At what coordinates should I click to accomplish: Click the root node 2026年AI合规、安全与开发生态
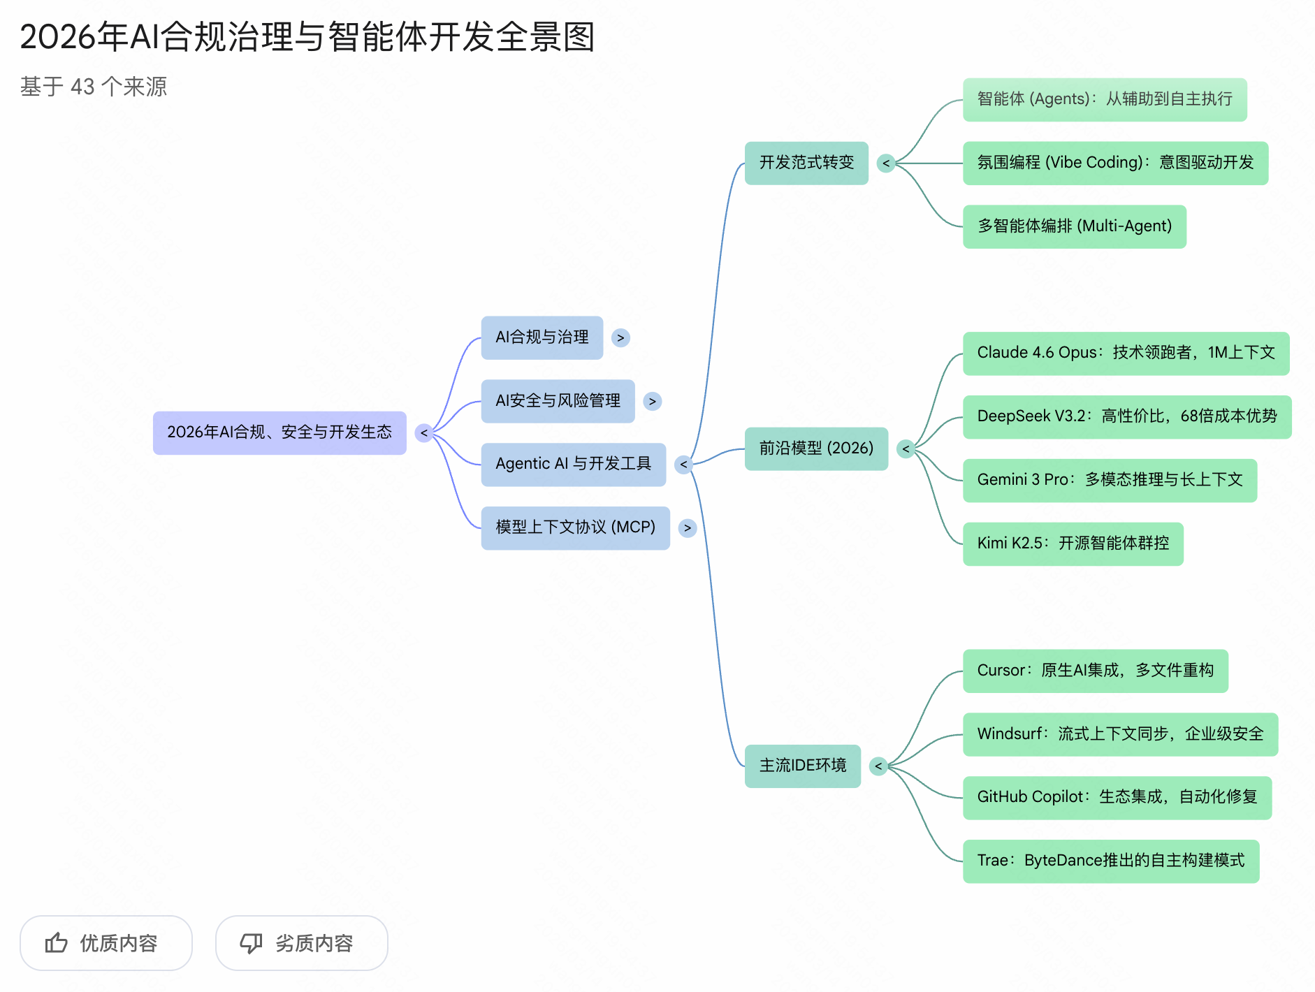pyautogui.click(x=279, y=432)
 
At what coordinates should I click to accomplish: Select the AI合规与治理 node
pyautogui.click(x=542, y=337)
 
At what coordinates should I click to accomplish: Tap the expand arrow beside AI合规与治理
pyautogui.click(x=620, y=338)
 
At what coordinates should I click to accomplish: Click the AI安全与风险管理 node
pyautogui.click(x=558, y=401)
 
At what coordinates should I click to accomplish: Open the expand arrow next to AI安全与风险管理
pyautogui.click(x=652, y=402)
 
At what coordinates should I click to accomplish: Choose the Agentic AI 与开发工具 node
pyautogui.click(x=573, y=464)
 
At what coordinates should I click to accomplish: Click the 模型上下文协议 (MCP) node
pyautogui.click(x=575, y=527)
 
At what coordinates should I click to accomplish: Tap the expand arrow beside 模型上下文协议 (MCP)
pyautogui.click(x=688, y=528)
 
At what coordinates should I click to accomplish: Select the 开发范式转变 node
pyautogui.click(x=806, y=163)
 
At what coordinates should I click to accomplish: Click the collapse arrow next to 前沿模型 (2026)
pyautogui.click(x=906, y=449)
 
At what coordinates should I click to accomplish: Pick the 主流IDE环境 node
pyautogui.click(x=802, y=766)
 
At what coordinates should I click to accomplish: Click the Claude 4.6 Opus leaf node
pyautogui.click(x=1126, y=353)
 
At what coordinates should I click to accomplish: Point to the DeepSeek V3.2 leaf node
pyautogui.click(x=1126, y=416)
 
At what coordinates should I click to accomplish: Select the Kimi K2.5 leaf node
pyautogui.click(x=1073, y=544)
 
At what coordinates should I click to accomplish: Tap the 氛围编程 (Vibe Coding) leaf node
pyautogui.click(x=1115, y=163)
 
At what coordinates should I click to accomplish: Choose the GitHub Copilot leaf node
pyautogui.click(x=1117, y=797)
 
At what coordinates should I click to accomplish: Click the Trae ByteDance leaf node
pyautogui.click(x=1110, y=861)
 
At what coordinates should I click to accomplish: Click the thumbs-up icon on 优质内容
pyautogui.click(x=57, y=943)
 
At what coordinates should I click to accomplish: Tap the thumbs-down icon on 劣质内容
pyautogui.click(x=251, y=943)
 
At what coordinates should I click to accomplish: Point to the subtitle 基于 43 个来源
pyautogui.click(x=94, y=87)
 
